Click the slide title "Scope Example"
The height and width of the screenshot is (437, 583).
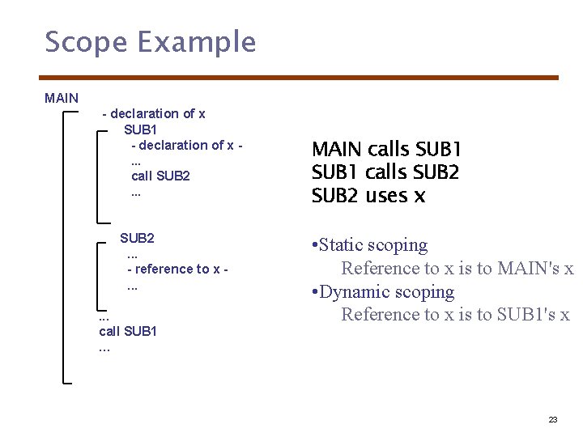point(151,42)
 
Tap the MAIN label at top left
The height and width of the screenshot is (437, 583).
point(62,98)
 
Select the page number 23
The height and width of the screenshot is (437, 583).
point(553,419)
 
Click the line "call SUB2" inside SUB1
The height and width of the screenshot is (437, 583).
point(160,176)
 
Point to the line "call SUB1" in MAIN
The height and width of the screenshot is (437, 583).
point(128,331)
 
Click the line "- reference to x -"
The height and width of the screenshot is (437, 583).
point(177,269)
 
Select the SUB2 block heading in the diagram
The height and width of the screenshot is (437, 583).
point(137,238)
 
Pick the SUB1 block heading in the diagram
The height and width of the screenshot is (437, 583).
point(141,129)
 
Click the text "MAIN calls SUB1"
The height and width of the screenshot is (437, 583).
point(386,150)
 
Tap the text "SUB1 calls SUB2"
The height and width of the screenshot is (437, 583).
point(385,172)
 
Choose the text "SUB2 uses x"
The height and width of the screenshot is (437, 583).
point(368,196)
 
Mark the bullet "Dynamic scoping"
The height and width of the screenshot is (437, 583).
point(386,292)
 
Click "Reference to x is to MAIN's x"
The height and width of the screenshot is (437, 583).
point(457,269)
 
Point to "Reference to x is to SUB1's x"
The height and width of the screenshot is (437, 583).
point(455,315)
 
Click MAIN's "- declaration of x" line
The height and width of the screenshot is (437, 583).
point(154,113)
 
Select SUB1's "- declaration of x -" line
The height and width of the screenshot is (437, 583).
point(187,145)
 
